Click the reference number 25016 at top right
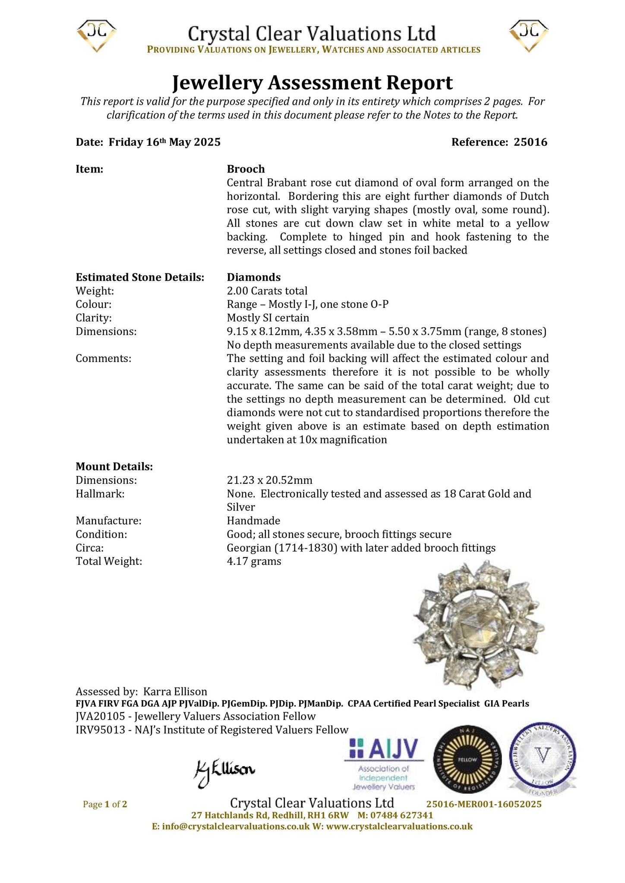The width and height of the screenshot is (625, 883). (x=530, y=142)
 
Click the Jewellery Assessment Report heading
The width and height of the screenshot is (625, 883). (x=312, y=82)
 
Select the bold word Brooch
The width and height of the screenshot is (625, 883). (x=246, y=169)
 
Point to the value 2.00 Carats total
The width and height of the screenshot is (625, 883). (x=267, y=291)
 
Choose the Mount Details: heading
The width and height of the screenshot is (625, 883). (x=114, y=467)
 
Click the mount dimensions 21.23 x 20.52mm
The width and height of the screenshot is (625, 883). (x=270, y=480)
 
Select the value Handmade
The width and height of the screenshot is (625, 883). (x=253, y=521)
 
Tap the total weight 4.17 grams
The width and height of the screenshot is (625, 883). (x=254, y=561)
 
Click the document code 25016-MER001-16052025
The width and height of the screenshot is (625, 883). (x=483, y=804)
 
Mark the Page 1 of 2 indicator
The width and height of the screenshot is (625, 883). (x=105, y=804)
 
